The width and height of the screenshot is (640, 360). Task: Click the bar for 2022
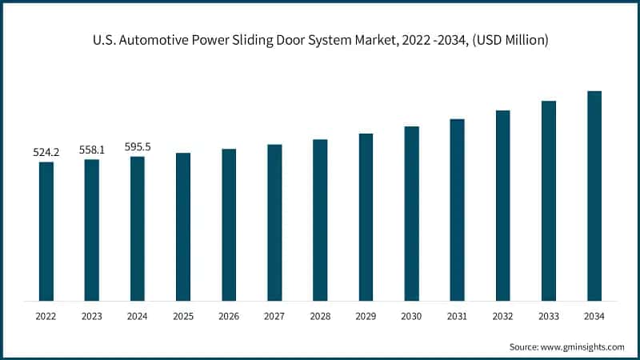click(x=46, y=231)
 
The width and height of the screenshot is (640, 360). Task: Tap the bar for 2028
click(x=320, y=220)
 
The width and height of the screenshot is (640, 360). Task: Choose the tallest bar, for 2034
click(x=594, y=196)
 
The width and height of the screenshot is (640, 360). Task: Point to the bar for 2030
click(x=411, y=214)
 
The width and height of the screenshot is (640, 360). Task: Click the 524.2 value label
click(x=46, y=151)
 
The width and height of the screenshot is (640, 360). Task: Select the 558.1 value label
click(x=92, y=149)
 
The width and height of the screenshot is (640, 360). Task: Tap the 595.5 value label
click(x=138, y=146)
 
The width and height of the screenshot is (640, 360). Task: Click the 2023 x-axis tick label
click(x=92, y=317)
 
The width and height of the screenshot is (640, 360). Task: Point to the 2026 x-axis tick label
click(x=229, y=317)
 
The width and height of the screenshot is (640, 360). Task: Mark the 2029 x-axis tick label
click(x=366, y=317)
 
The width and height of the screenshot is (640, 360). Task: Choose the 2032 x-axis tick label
click(x=502, y=317)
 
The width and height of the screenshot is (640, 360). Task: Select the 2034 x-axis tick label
click(x=594, y=317)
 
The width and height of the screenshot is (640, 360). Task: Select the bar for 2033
click(x=549, y=201)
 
